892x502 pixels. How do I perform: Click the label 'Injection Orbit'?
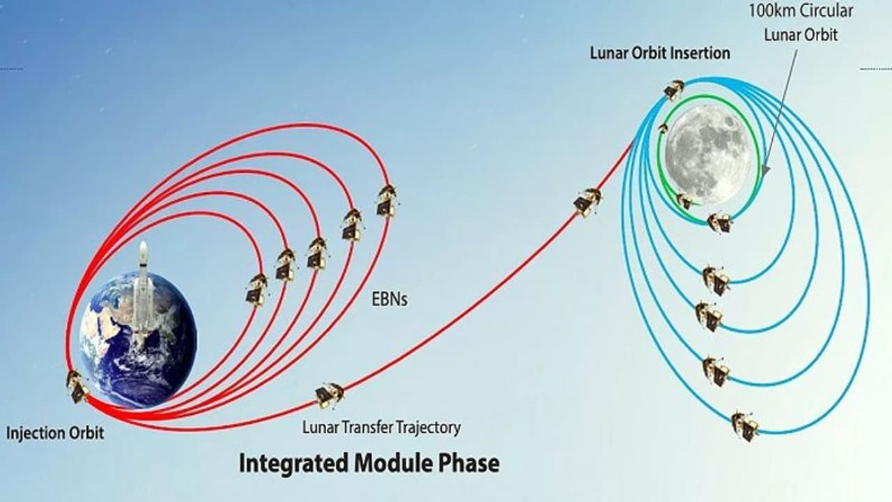coord(55,433)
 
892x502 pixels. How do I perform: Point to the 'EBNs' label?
coord(390,300)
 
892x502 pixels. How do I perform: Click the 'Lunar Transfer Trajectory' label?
coord(381,428)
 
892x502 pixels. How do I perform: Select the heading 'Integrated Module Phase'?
coord(369,464)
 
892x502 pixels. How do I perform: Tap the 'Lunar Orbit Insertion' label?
coord(660,53)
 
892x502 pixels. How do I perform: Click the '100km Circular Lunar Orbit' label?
coord(801,23)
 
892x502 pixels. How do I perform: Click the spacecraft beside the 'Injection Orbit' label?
coord(77,387)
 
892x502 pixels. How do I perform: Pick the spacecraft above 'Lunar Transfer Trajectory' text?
coord(330,395)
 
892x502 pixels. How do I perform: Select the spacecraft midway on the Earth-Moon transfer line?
coord(587,202)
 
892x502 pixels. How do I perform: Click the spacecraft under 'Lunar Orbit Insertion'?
coord(674,90)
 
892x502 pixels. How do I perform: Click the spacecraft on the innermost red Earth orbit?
coord(256,289)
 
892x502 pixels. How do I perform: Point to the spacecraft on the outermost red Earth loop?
coord(387,201)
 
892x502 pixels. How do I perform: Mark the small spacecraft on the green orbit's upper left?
coord(663,129)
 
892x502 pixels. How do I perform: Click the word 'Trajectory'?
coord(428,428)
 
